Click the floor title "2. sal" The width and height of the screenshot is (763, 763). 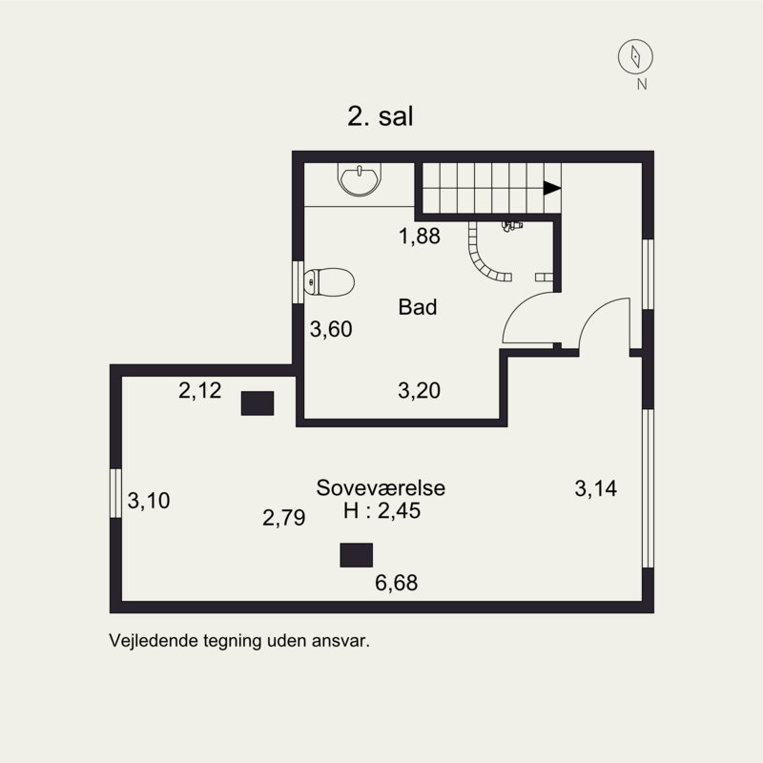[380, 116]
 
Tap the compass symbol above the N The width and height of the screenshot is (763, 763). [635, 56]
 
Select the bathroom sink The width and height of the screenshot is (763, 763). [360, 179]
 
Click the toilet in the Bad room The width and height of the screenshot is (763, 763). [328, 281]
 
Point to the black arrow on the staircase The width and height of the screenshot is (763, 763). [552, 188]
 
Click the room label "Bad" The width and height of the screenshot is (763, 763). [418, 307]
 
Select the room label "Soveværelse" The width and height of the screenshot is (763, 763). [381, 487]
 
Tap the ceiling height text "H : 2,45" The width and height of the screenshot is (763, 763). [382, 511]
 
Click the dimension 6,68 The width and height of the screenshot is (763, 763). [396, 583]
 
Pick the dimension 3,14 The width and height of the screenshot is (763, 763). [595, 488]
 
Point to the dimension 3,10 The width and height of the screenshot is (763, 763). [149, 500]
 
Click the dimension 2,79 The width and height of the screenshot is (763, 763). [283, 517]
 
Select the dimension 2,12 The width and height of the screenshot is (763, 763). [199, 390]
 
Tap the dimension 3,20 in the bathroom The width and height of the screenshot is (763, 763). [419, 390]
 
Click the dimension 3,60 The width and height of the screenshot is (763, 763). [331, 329]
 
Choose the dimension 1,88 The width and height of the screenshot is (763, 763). [420, 236]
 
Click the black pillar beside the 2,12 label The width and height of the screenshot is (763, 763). [258, 403]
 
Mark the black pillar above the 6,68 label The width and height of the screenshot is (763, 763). [356, 555]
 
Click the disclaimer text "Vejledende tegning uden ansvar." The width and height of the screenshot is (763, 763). [239, 641]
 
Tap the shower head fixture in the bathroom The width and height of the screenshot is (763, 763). [512, 226]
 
